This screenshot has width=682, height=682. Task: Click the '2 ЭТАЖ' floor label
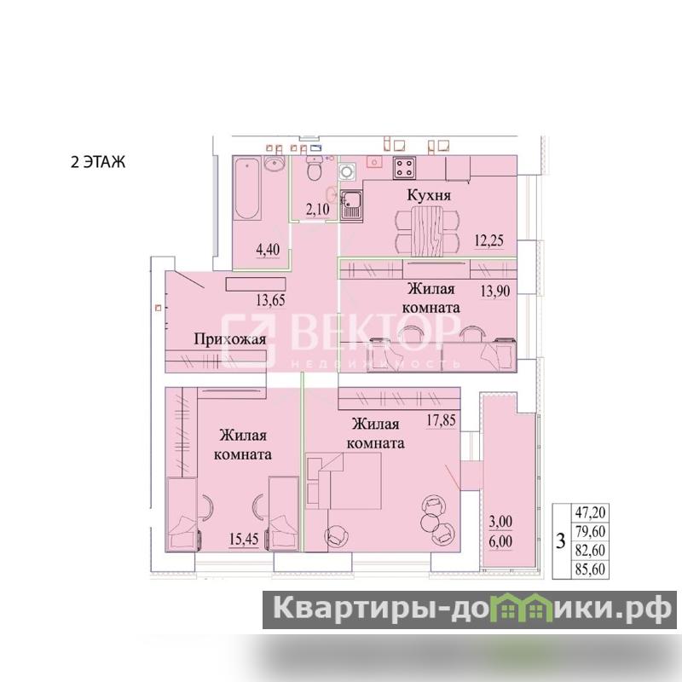pyautogui.click(x=98, y=162)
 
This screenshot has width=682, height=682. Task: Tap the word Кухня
pyautogui.click(x=429, y=195)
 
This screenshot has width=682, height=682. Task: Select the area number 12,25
pyautogui.click(x=488, y=240)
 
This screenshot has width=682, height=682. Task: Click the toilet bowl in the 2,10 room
pyautogui.click(x=314, y=169)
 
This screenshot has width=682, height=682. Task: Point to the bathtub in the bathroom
pyautogui.click(x=247, y=188)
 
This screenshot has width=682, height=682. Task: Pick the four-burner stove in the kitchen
pyautogui.click(x=404, y=168)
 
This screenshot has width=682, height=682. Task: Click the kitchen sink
pyautogui.click(x=351, y=205)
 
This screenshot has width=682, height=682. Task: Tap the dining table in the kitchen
pyautogui.click(x=427, y=231)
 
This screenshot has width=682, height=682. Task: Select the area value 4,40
pyautogui.click(x=268, y=250)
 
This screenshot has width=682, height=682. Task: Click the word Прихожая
pyautogui.click(x=229, y=339)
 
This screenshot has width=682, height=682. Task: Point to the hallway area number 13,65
pyautogui.click(x=270, y=300)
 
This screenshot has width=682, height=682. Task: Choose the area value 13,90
pyautogui.click(x=495, y=291)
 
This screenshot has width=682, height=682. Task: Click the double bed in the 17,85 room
pyautogui.click(x=344, y=481)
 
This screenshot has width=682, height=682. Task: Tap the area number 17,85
pyautogui.click(x=441, y=419)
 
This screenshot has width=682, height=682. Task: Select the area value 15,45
pyautogui.click(x=244, y=540)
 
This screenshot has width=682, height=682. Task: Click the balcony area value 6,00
pyautogui.click(x=500, y=541)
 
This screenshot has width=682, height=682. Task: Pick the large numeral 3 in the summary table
pyautogui.click(x=561, y=541)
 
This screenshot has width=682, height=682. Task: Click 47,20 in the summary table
pyautogui.click(x=590, y=512)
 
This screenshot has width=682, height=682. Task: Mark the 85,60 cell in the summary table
pyautogui.click(x=590, y=569)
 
